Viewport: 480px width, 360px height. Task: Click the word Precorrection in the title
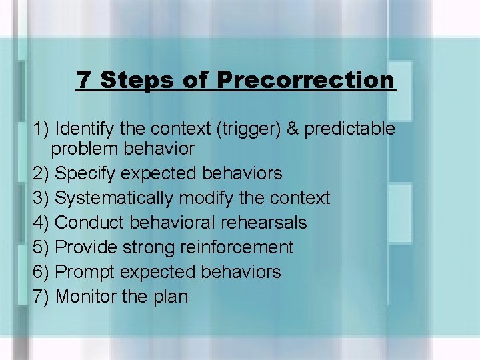click(306, 81)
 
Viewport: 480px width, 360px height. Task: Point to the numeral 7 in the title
click(84, 81)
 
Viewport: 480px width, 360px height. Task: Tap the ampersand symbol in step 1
click(293, 128)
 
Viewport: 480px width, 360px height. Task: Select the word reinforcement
click(237, 247)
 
